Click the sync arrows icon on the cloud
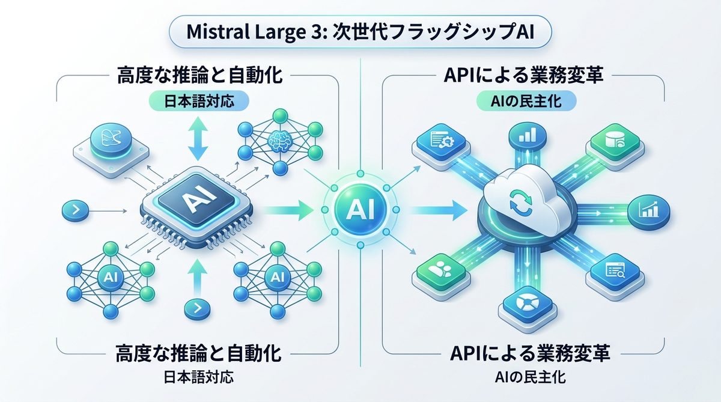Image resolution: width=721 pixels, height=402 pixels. (517, 198)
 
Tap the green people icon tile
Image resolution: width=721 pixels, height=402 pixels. (445, 272)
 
